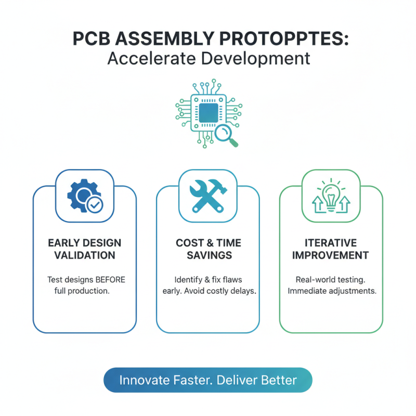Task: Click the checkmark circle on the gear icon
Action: (94, 205)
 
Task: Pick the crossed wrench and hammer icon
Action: (207, 197)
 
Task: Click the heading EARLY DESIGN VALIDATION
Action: (84, 249)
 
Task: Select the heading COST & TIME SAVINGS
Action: (207, 249)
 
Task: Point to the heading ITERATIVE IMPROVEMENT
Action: (331, 249)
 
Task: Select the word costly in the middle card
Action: (219, 291)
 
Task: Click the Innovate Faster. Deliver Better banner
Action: (208, 380)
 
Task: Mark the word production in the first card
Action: (90, 291)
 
